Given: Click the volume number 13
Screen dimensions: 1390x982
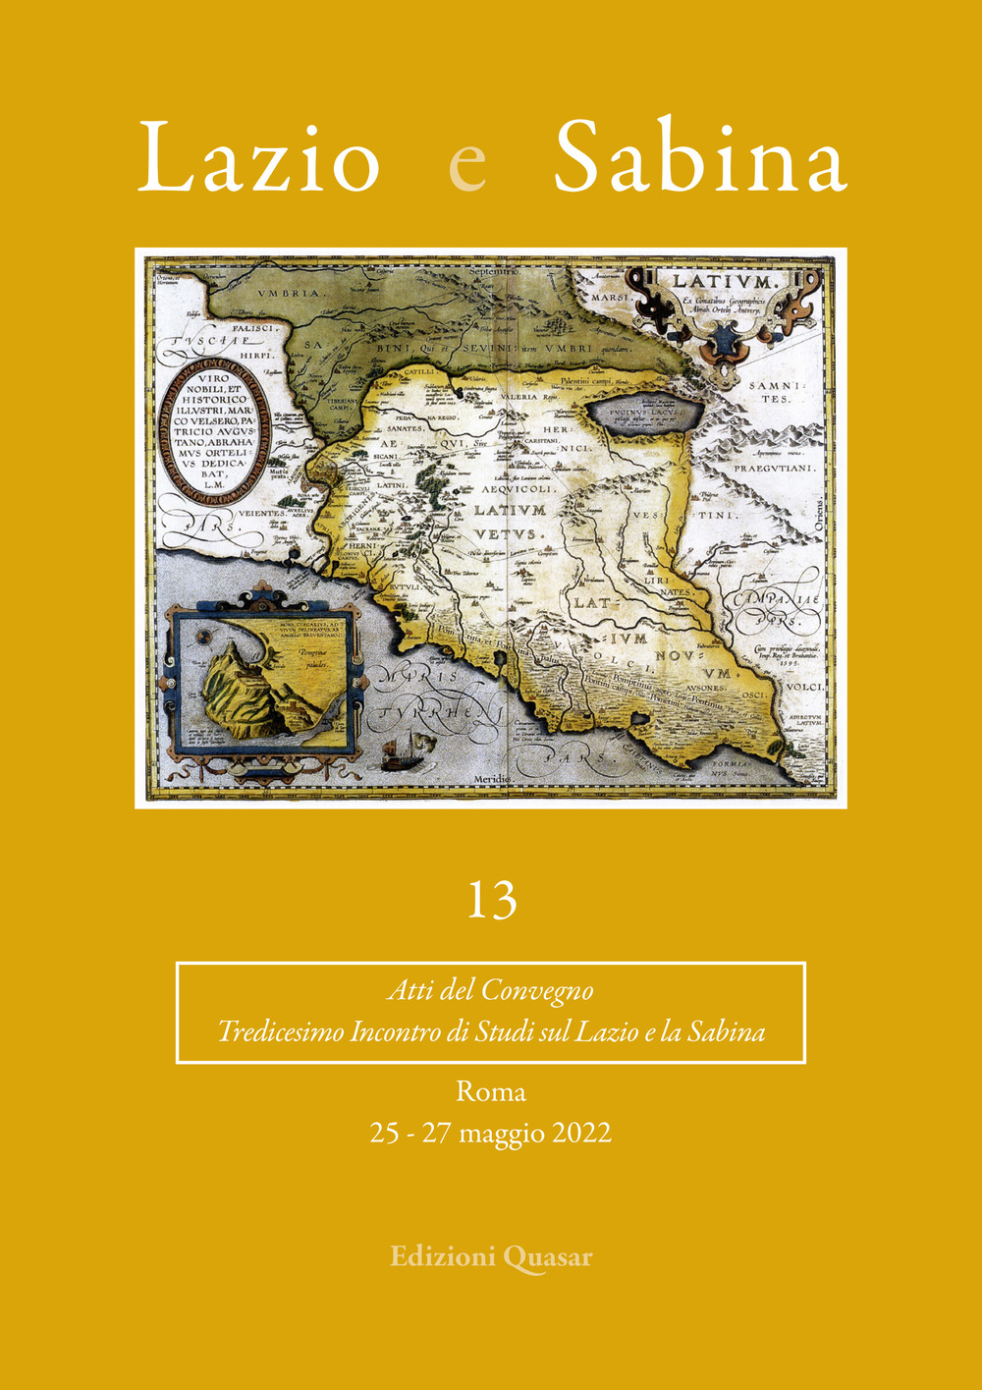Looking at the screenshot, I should coord(491,900).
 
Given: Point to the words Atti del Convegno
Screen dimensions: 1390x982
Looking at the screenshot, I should coord(490,990).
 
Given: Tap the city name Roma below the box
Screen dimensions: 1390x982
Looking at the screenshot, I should coord(491,1091).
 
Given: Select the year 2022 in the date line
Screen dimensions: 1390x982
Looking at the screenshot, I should coord(581,1134).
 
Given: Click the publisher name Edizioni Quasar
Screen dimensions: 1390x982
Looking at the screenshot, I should coord(491,1256).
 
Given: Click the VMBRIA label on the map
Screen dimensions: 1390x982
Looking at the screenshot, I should coord(289,293).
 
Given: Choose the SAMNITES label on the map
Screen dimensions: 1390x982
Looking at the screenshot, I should coord(776,392).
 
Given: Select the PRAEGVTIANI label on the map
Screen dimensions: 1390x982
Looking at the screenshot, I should coord(775,469).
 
